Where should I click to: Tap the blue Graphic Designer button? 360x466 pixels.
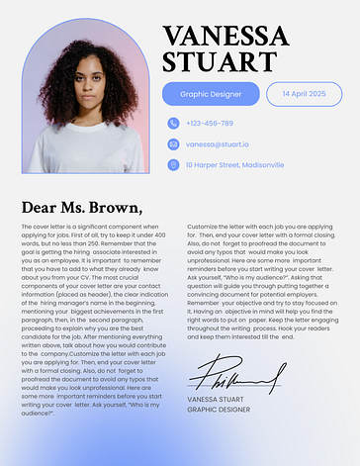click(x=211, y=94)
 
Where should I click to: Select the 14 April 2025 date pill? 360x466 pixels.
click(x=304, y=94)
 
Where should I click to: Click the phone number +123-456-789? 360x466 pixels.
click(x=210, y=124)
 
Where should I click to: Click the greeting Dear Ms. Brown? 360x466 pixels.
click(x=81, y=208)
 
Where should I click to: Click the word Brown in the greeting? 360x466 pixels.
click(x=113, y=208)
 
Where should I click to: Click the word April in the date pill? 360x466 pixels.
click(x=304, y=94)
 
